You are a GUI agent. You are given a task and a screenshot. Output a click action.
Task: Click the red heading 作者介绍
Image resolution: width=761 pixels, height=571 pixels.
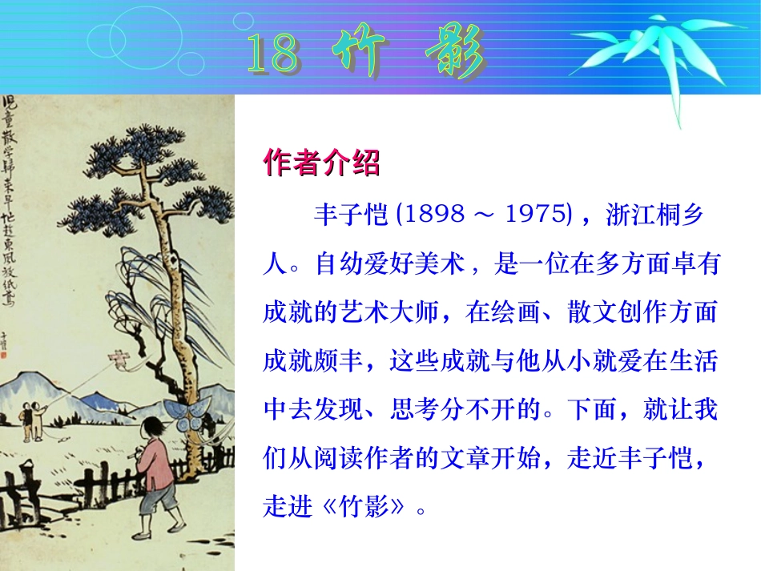tap(321, 163)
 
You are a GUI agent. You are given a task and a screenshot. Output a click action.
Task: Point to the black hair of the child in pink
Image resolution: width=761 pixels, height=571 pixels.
tap(153, 430)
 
